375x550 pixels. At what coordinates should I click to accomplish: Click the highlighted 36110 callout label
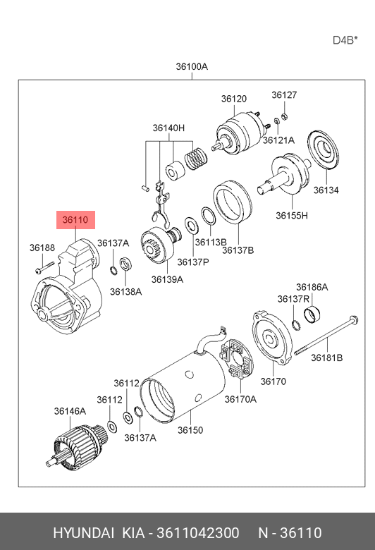75,220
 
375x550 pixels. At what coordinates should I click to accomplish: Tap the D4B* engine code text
345,40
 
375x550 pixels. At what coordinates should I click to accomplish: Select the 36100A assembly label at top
192,66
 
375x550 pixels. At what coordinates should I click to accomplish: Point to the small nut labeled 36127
285,116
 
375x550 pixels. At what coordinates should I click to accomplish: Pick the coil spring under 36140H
196,158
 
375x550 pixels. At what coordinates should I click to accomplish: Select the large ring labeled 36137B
233,202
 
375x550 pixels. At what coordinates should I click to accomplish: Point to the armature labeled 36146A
76,446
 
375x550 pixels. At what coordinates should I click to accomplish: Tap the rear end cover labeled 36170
272,338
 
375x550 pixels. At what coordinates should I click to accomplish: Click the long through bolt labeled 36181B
326,336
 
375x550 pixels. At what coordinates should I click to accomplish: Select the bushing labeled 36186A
312,314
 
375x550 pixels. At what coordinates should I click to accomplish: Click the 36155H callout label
292,215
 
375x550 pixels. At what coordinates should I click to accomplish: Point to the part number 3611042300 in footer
198,533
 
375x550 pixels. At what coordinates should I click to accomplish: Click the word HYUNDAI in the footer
83,533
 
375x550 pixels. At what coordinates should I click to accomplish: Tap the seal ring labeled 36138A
125,264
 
